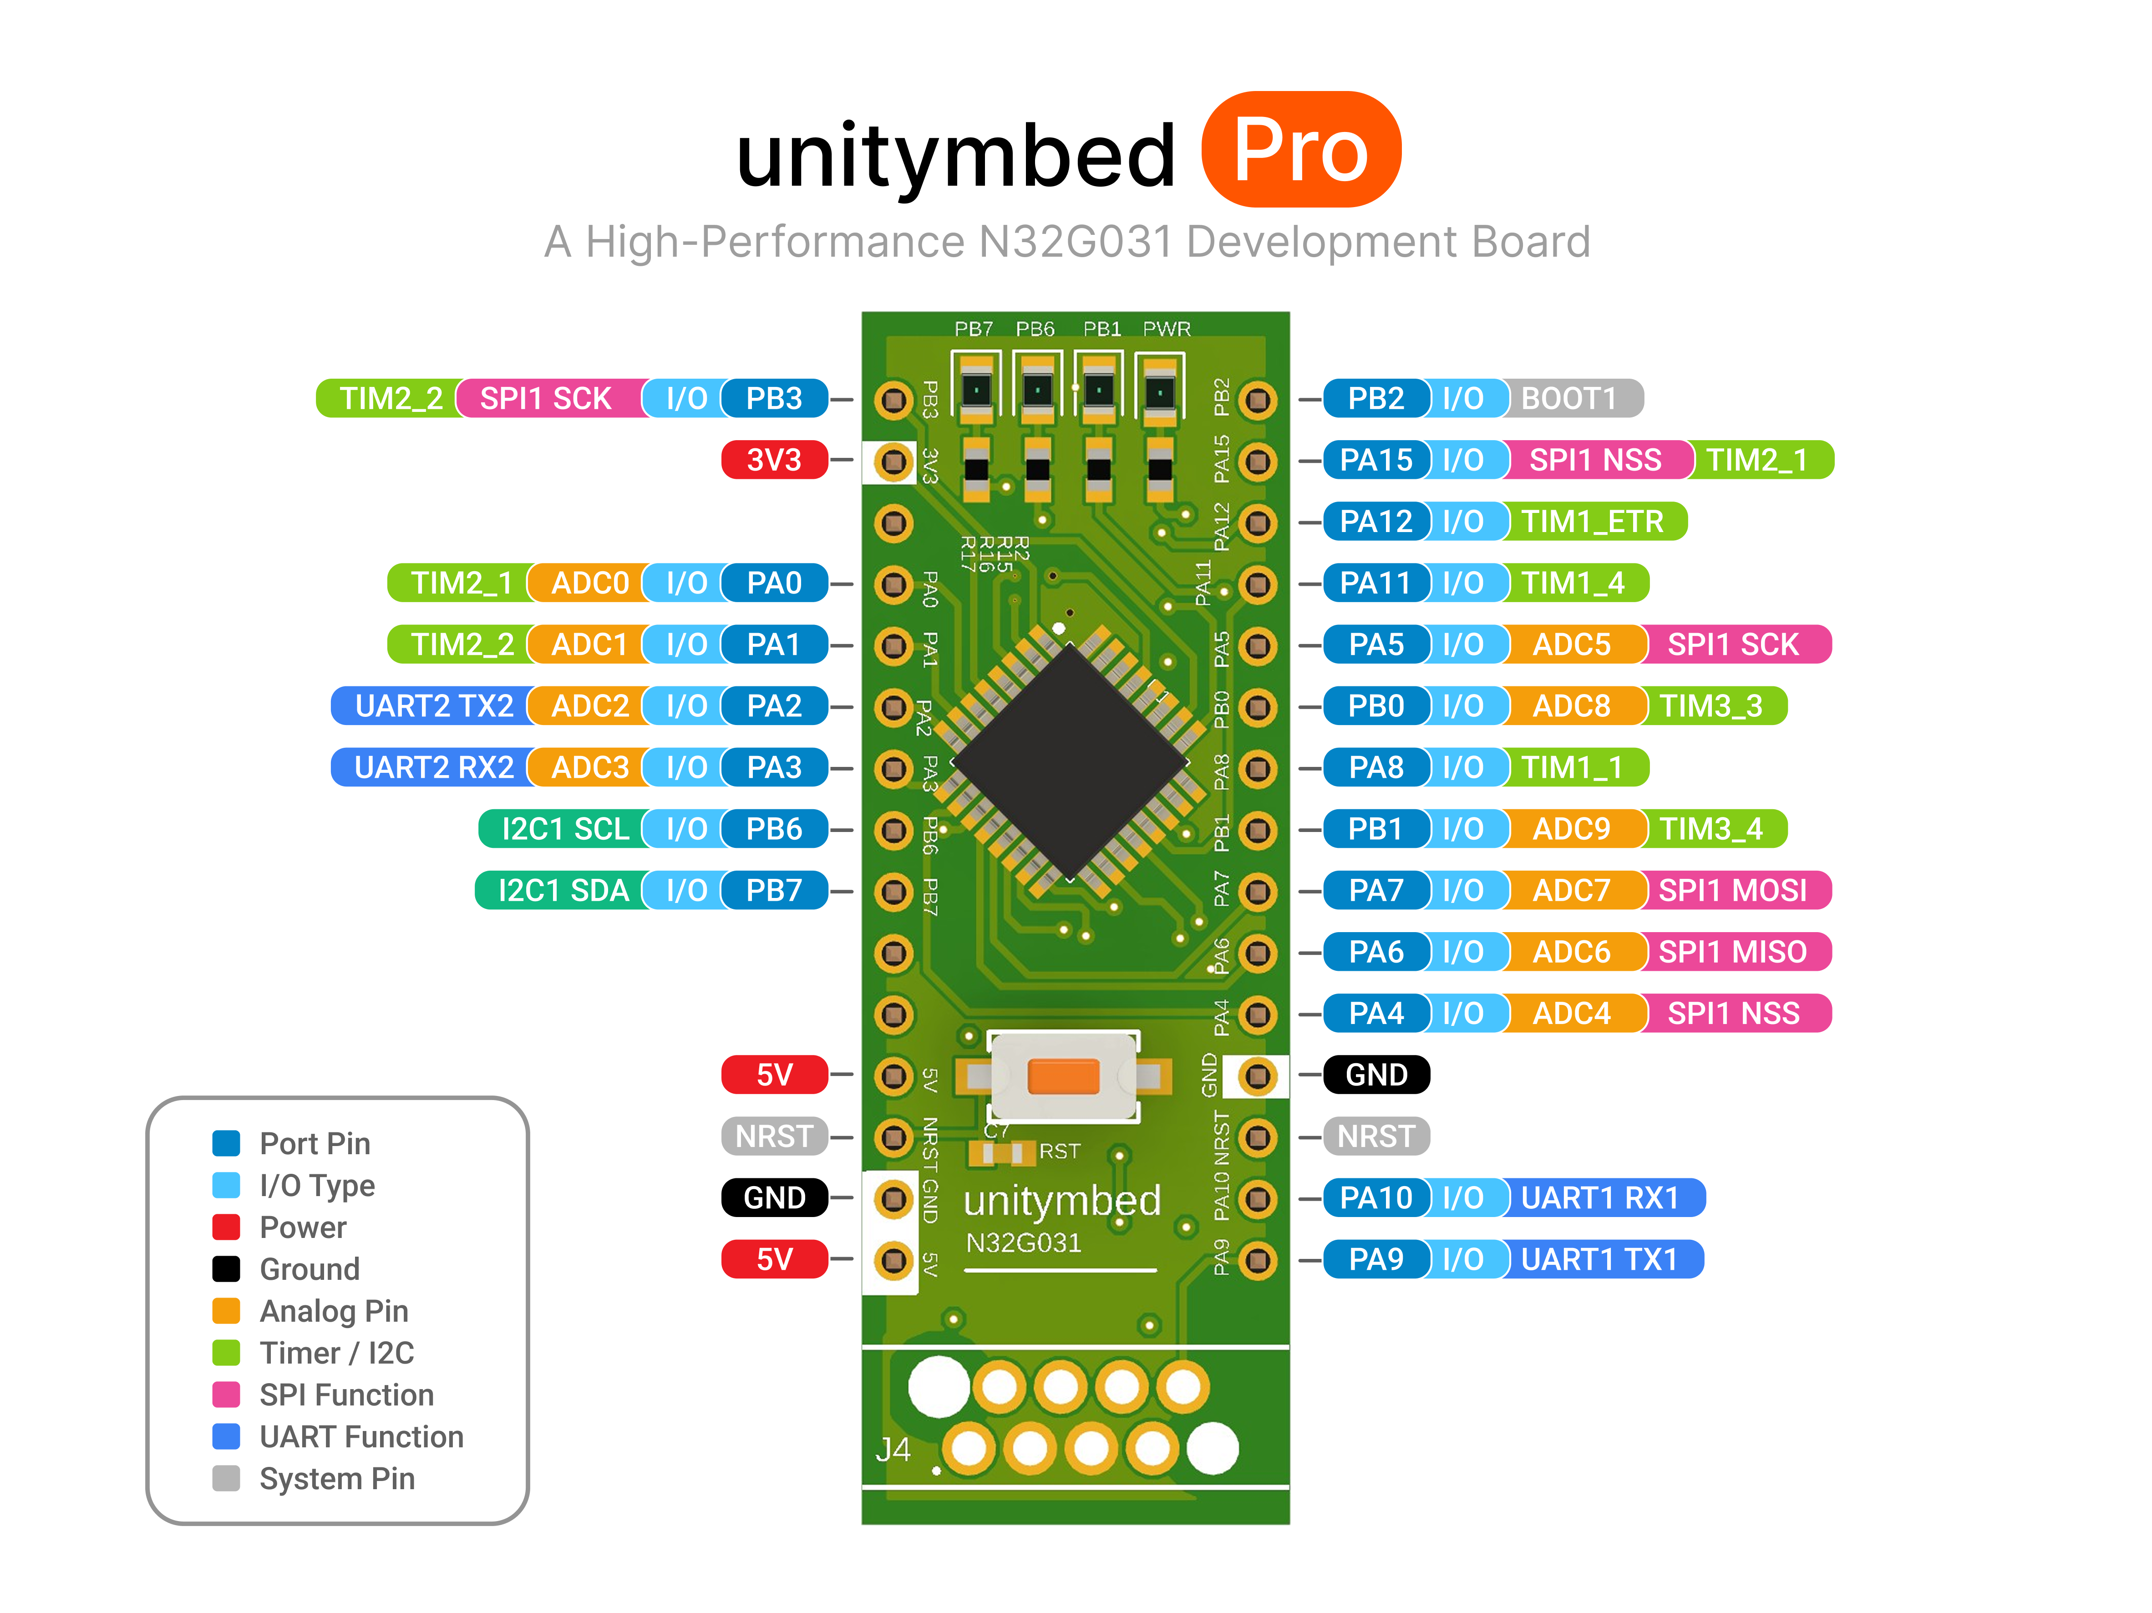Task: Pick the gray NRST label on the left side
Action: (x=773, y=1136)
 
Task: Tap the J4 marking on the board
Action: (x=892, y=1450)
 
